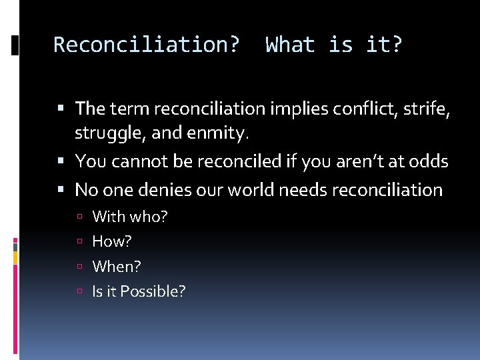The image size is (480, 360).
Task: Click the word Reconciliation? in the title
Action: (146, 45)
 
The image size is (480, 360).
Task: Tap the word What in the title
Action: (290, 45)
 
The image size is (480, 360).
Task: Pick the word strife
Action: (426, 108)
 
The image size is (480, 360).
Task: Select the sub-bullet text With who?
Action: (129, 216)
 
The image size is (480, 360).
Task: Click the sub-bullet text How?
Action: (111, 241)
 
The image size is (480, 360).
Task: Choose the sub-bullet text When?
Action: (117, 266)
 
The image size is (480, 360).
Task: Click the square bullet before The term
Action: (61, 108)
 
